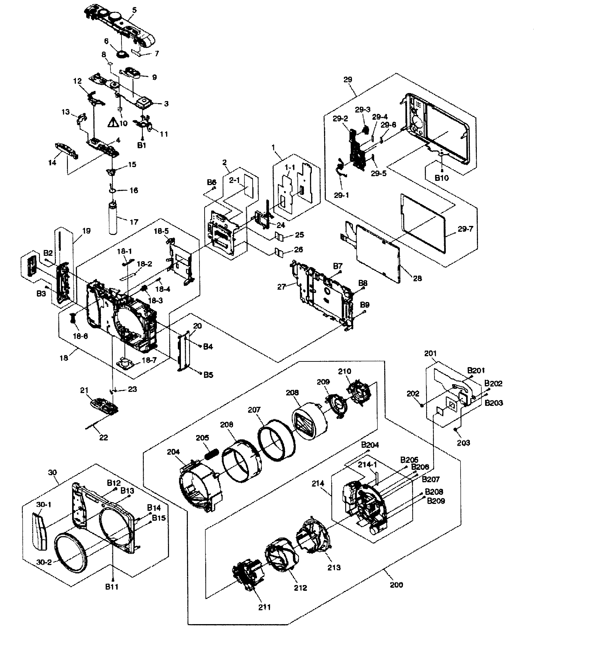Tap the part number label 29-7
coord(465,229)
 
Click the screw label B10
coord(441,178)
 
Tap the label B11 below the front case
coord(112,587)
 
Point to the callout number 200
coord(396,585)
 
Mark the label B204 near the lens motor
coord(370,445)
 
